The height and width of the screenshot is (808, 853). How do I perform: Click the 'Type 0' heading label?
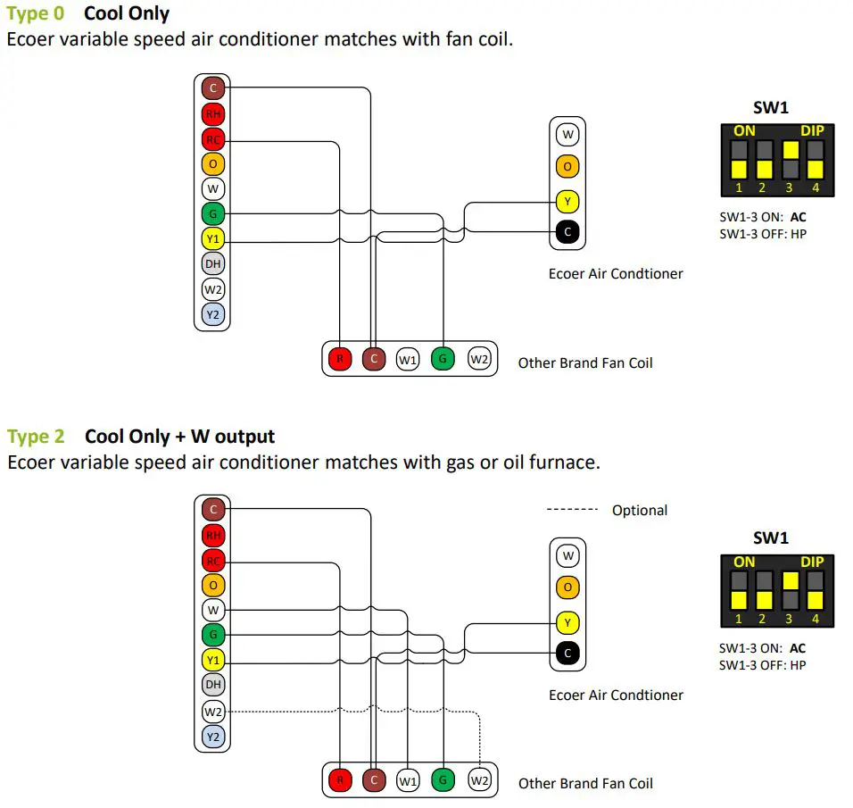(35, 14)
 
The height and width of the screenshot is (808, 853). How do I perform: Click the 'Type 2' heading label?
(36, 437)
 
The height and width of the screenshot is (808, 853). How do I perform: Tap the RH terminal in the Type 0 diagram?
(212, 114)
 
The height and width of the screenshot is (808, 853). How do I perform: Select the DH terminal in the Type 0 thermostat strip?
(212, 264)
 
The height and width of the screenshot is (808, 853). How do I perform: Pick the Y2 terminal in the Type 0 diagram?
(212, 314)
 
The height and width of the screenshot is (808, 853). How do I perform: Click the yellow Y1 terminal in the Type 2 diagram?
(212, 661)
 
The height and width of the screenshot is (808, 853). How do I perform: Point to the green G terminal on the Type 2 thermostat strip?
(212, 636)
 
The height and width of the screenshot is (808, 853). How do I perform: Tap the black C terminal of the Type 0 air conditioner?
(567, 232)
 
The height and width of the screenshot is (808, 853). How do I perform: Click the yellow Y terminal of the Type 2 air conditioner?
(567, 621)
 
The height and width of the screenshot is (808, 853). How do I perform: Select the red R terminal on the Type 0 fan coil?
(339, 360)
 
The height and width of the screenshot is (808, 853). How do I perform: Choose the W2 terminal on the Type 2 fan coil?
(479, 780)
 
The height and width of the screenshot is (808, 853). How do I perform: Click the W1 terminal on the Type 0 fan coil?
(408, 360)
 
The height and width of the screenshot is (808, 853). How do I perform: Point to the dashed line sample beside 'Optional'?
(572, 510)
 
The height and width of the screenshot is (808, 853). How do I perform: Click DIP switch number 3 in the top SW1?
(789, 160)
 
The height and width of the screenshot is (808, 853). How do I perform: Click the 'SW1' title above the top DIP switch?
(771, 109)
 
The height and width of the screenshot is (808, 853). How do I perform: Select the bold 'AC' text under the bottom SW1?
(798, 649)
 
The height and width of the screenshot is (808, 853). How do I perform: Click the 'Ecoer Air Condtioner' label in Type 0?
(616, 273)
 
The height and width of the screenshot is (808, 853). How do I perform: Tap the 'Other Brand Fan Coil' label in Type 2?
(585, 783)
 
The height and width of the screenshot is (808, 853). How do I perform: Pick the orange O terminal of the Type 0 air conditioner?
(567, 166)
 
